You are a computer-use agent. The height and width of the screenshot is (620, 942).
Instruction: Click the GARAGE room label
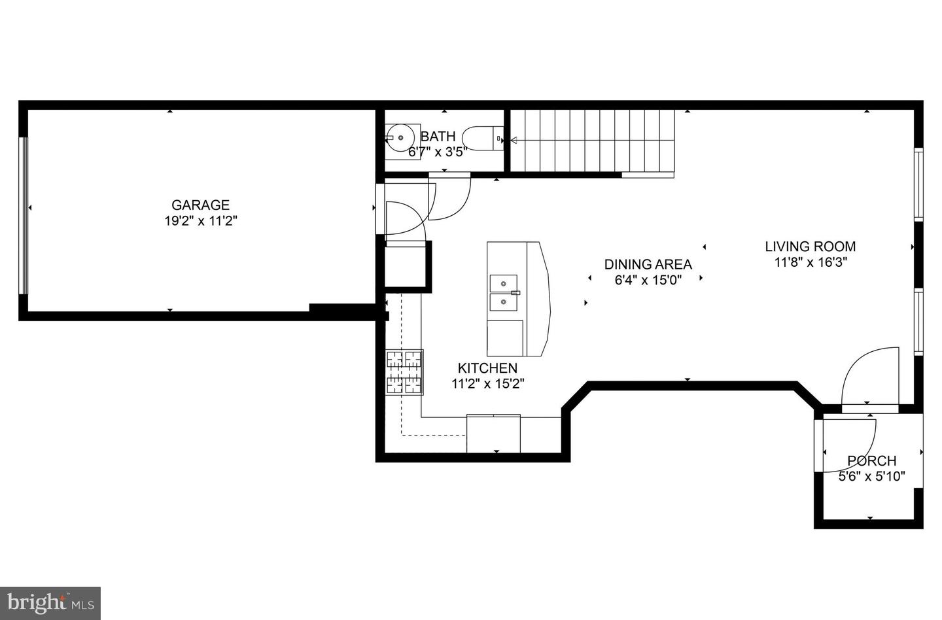coord(200,205)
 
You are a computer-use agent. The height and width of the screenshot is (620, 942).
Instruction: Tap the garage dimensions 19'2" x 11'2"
coord(200,221)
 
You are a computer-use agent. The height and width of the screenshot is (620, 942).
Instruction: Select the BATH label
coord(438,137)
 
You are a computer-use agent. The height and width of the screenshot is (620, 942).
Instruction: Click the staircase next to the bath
coord(592,141)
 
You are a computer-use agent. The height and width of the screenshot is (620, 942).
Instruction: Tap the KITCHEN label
coord(487,368)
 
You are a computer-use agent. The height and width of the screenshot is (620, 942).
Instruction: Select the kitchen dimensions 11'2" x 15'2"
coord(487,384)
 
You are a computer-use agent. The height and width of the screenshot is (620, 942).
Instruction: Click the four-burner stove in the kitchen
coord(404,373)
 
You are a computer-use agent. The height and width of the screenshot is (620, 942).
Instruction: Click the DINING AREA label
coord(648,264)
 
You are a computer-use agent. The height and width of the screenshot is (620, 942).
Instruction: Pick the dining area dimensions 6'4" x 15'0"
coord(648,280)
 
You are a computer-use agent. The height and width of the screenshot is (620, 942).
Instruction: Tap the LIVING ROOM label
coord(811,247)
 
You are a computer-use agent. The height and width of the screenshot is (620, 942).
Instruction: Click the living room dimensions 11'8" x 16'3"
coord(811,262)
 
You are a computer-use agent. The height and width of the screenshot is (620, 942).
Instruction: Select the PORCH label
coord(871,461)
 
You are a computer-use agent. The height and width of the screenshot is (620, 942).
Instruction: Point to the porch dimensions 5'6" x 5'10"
coord(871,477)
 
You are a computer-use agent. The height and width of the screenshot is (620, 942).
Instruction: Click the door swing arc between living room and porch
coord(867,377)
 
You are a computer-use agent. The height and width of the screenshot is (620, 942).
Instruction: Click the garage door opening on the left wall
coord(24,216)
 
